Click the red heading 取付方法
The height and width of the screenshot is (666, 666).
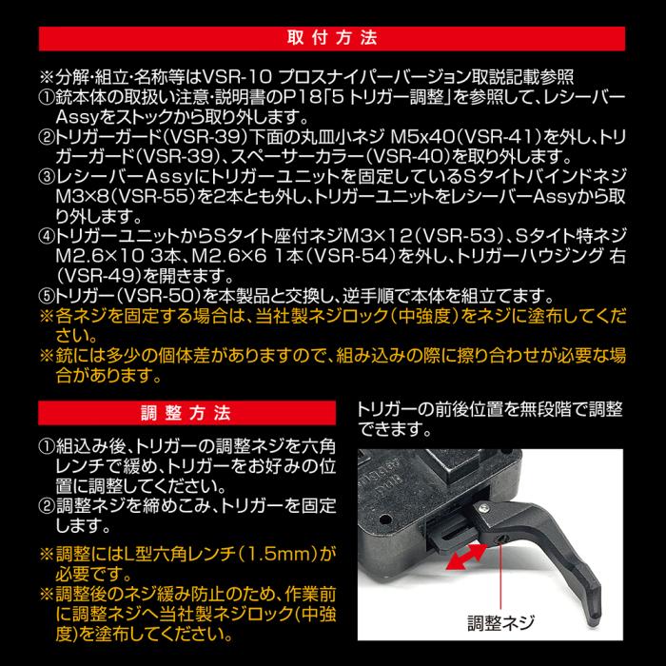point(332,39)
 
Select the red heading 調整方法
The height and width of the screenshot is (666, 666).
point(186,413)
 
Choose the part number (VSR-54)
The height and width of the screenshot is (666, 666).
point(351,256)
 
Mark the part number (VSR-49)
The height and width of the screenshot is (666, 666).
point(100,276)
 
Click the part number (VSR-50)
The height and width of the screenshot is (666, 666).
point(160,296)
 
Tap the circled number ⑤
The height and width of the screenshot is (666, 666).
point(47,297)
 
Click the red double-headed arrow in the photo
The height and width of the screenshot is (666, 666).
point(466,557)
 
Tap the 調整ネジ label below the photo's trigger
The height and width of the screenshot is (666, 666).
point(501,622)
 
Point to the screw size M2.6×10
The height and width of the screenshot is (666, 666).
point(101,256)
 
